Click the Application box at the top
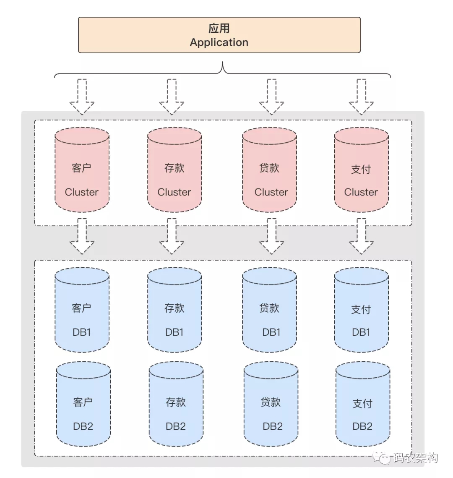(x=219, y=35)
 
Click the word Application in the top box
(x=219, y=42)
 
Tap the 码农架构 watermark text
(x=415, y=458)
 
